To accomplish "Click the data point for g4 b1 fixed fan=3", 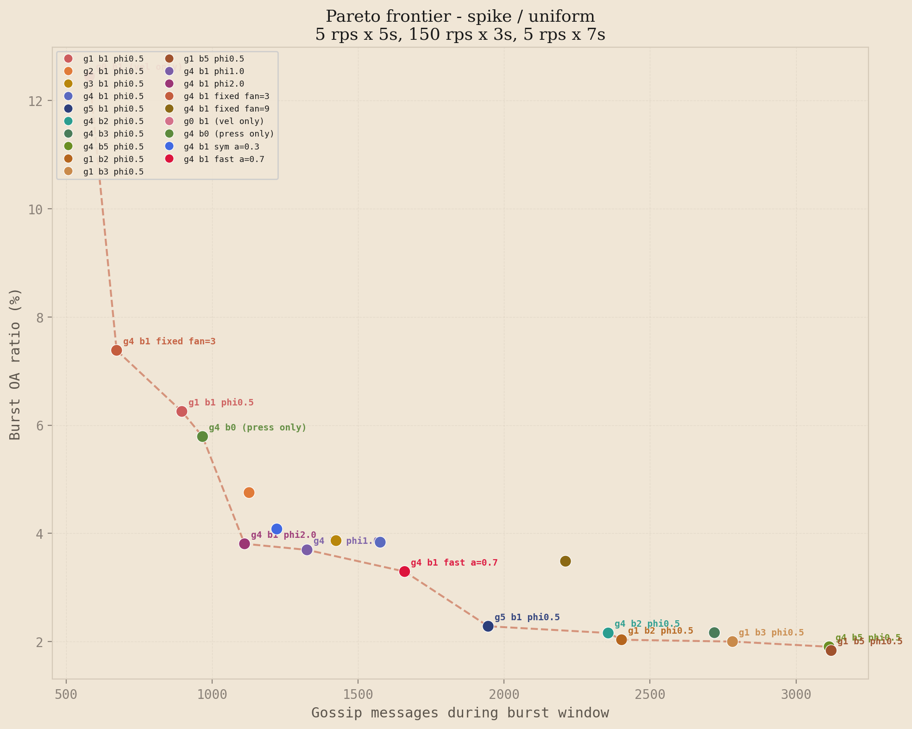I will point(117,350).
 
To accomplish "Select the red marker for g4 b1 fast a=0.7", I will point(404,572).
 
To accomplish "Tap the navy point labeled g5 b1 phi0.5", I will point(488,626).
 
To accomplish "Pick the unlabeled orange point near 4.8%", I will point(249,492).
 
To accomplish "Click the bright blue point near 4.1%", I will point(277,529).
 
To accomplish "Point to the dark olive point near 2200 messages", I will point(565,561).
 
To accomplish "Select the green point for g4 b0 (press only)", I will point(202,436).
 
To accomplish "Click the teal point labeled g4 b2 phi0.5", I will point(608,633).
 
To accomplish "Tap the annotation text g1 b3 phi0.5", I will point(771,633).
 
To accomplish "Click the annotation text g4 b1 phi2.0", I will point(283,535).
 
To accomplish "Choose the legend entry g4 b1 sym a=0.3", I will point(221,147).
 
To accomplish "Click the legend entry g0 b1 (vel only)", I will point(223,121).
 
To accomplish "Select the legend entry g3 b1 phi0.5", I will point(113,84).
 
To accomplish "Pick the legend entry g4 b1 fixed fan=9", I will point(226,109).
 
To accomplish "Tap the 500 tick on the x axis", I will point(66,695).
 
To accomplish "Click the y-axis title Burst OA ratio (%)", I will point(15,364).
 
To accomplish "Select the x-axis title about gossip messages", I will point(459,713).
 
